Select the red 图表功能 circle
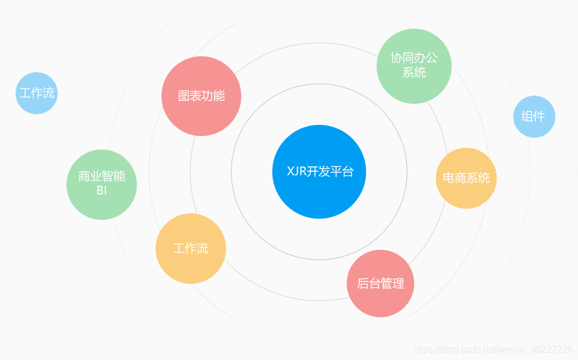pyautogui.click(x=201, y=96)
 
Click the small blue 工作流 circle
pyautogui.click(x=37, y=93)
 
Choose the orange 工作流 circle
pyautogui.click(x=191, y=249)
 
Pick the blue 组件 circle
pyautogui.click(x=534, y=117)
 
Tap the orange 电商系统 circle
pyautogui.click(x=466, y=178)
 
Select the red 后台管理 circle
pyautogui.click(x=380, y=284)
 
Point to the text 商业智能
pyautogui.click(x=101, y=176)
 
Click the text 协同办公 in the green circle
pyautogui.click(x=414, y=58)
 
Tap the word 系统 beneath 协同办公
pyautogui.click(x=414, y=73)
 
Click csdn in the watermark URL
pyautogui.click(x=466, y=349)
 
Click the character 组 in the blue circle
pyautogui.click(x=527, y=117)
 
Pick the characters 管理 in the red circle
pyautogui.click(x=392, y=284)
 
